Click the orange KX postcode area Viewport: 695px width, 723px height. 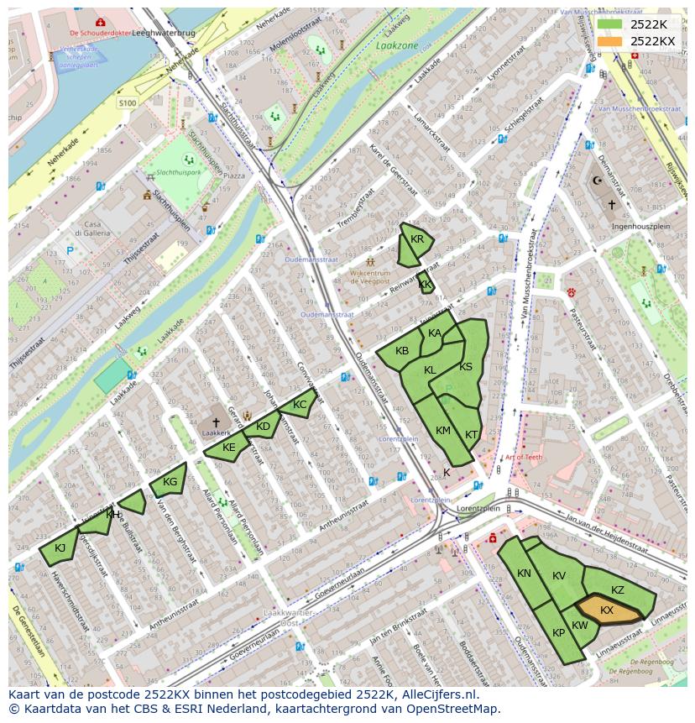click(608, 610)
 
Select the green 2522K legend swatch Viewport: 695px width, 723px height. click(610, 24)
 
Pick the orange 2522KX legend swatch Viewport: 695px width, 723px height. click(610, 41)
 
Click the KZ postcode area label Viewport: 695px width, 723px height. click(618, 590)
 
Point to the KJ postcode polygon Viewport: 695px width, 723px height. click(60, 548)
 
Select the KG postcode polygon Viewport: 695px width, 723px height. click(169, 482)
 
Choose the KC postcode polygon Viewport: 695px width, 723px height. click(300, 405)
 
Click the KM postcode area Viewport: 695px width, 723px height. click(443, 430)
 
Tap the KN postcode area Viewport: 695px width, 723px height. click(525, 574)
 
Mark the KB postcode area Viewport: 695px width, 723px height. click(402, 351)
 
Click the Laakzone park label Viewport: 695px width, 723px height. click(396, 46)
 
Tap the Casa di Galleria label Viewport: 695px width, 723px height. click(87, 229)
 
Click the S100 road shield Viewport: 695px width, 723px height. click(128, 102)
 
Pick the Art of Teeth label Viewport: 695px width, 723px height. click(523, 458)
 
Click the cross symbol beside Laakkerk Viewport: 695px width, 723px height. click(216, 422)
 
